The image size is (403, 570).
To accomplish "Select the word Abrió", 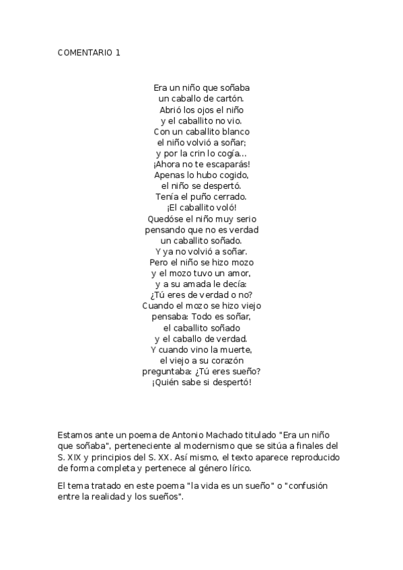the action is click(171, 110).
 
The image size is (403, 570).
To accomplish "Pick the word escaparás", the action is click(227, 164).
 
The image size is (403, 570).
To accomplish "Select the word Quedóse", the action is click(165, 218).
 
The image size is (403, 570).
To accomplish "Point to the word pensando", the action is click(165, 230).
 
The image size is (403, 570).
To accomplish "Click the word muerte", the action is click(235, 350).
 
